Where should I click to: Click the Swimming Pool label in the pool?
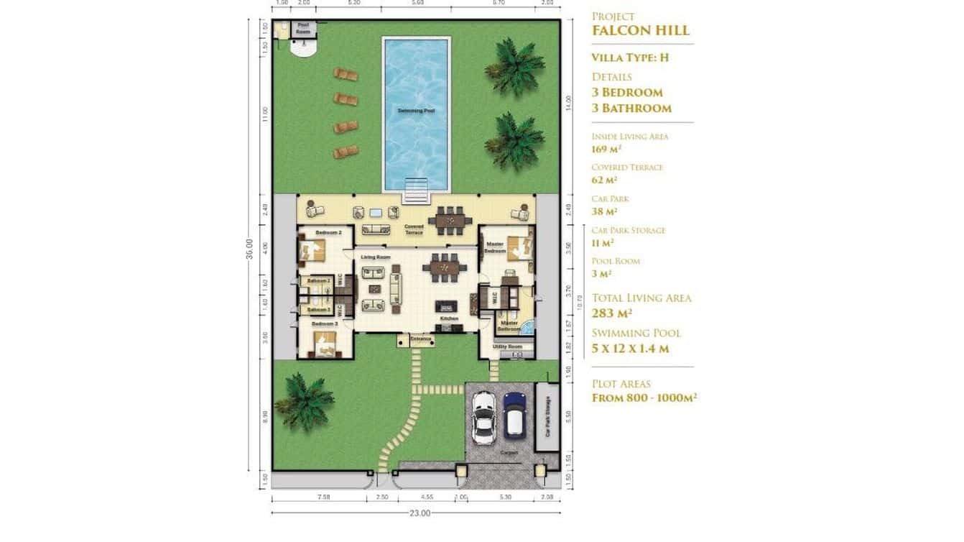tap(416, 111)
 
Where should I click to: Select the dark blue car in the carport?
tap(514, 415)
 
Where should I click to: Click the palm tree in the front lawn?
tap(305, 401)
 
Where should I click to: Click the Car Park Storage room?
tap(547, 417)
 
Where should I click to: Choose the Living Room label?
tap(375, 257)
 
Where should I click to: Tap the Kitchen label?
tap(449, 318)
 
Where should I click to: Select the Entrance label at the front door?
tap(420, 339)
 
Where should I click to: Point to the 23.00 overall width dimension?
tap(420, 513)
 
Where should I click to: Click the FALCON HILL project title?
tap(640, 30)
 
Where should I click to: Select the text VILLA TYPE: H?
tap(630, 58)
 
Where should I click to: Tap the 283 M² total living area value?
tap(611, 313)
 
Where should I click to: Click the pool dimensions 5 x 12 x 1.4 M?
tap(630, 349)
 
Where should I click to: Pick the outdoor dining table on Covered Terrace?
tap(450, 220)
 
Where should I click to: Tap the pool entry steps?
tap(417, 192)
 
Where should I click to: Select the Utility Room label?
tap(506, 346)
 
